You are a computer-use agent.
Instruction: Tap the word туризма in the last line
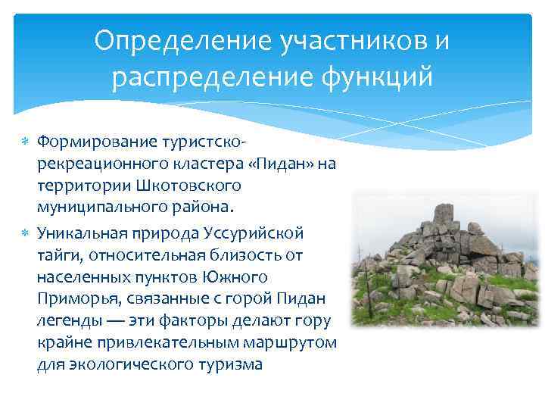[x=234, y=365]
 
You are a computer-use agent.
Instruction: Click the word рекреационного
[x=96, y=164]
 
